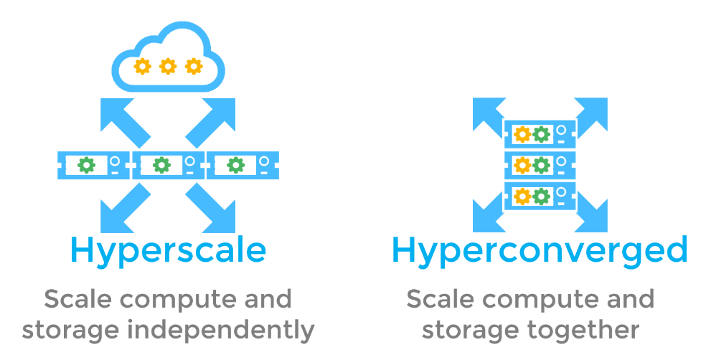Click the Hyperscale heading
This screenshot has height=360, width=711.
tap(168, 250)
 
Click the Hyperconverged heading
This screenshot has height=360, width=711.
tap(540, 250)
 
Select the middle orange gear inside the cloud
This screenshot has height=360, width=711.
tap(168, 67)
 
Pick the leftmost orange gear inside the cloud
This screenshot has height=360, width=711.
tap(143, 67)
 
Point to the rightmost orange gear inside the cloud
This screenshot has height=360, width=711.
tap(193, 67)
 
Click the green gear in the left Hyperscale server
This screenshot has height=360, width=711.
tap(87, 165)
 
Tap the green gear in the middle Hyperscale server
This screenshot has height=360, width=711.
tap(162, 165)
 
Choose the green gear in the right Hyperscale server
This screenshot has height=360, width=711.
tap(236, 165)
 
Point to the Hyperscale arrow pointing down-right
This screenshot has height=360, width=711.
tap(213, 207)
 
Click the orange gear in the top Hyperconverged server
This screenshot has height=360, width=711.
tap(522, 134)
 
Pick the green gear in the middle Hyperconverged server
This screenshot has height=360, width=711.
tap(542, 165)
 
